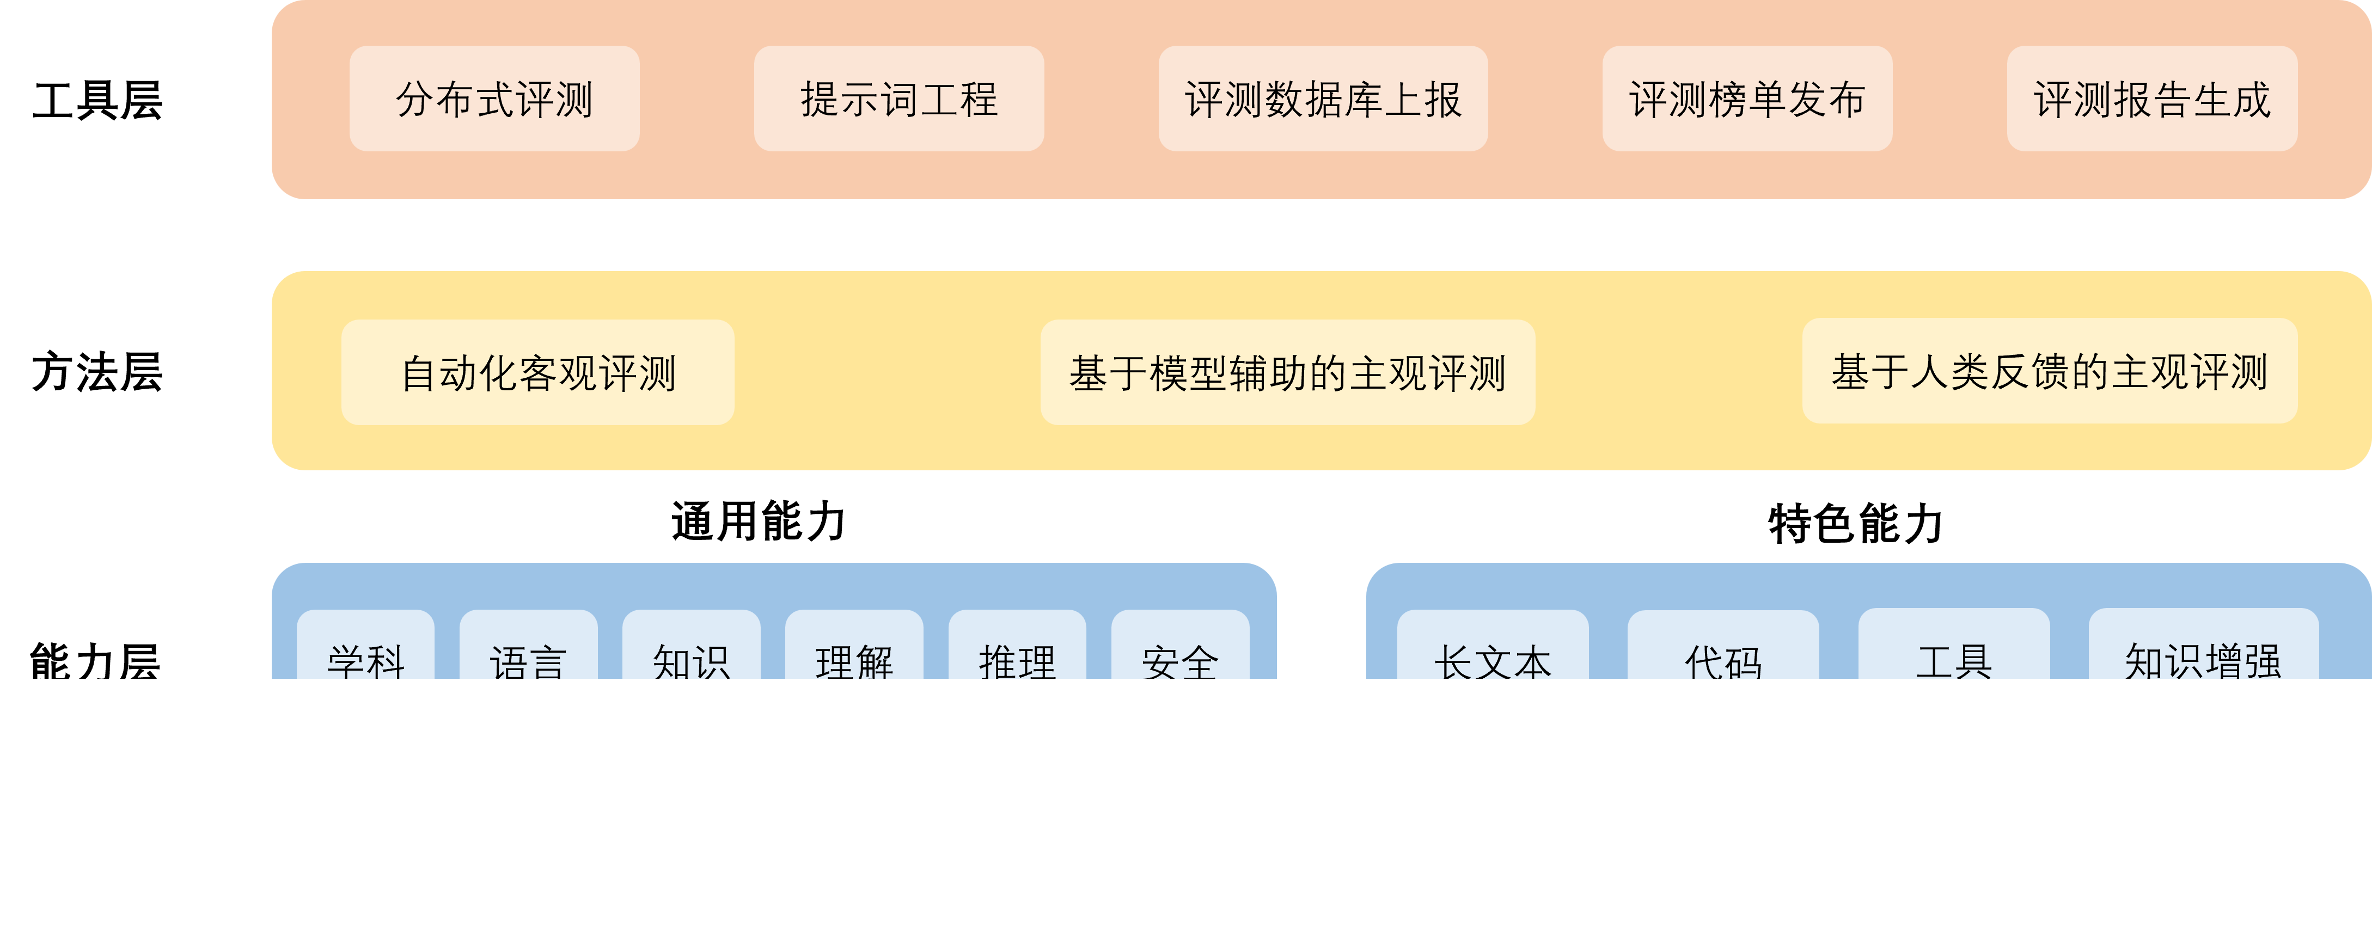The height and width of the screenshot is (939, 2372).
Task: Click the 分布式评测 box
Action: pyautogui.click(x=494, y=99)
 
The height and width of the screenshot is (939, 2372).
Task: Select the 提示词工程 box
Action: pyautogui.click(x=898, y=99)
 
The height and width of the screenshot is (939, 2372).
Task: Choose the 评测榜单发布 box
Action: pyautogui.click(x=1747, y=99)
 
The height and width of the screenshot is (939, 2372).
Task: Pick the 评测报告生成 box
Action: pyautogui.click(x=2152, y=99)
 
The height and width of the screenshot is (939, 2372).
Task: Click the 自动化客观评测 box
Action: pyautogui.click(x=538, y=372)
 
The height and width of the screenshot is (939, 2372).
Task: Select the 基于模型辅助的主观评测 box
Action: pyautogui.click(x=1287, y=372)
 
